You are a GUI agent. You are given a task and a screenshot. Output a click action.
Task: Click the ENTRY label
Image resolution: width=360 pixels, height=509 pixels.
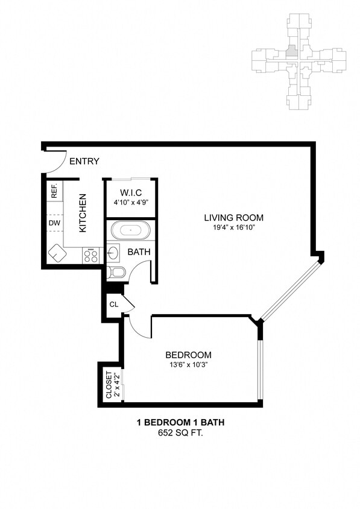[84, 161]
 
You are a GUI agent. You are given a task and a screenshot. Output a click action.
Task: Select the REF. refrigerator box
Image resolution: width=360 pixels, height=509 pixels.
[54, 191]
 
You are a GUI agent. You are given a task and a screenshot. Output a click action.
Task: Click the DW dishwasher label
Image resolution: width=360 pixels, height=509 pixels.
[54, 223]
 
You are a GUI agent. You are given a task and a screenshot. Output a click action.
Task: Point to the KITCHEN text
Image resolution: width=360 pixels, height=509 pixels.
[83, 213]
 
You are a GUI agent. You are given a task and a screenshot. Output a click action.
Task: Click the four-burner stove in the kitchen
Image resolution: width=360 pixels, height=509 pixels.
[90, 256]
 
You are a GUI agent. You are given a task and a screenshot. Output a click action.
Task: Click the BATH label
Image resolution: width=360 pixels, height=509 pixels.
[139, 252]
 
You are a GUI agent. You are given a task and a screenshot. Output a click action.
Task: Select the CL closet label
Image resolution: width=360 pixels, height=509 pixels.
[113, 305]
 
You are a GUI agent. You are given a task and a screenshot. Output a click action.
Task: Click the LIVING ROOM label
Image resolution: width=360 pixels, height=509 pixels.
[233, 218]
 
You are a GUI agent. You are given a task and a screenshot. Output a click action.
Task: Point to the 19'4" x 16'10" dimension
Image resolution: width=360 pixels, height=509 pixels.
[233, 228]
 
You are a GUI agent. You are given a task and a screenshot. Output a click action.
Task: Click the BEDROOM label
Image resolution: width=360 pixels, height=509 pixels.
[189, 355]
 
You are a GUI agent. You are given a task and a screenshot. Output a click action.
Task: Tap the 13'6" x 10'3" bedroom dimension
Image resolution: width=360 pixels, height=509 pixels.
[189, 365]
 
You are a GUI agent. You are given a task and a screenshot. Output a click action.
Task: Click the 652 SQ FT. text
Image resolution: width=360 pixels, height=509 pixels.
[180, 432]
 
